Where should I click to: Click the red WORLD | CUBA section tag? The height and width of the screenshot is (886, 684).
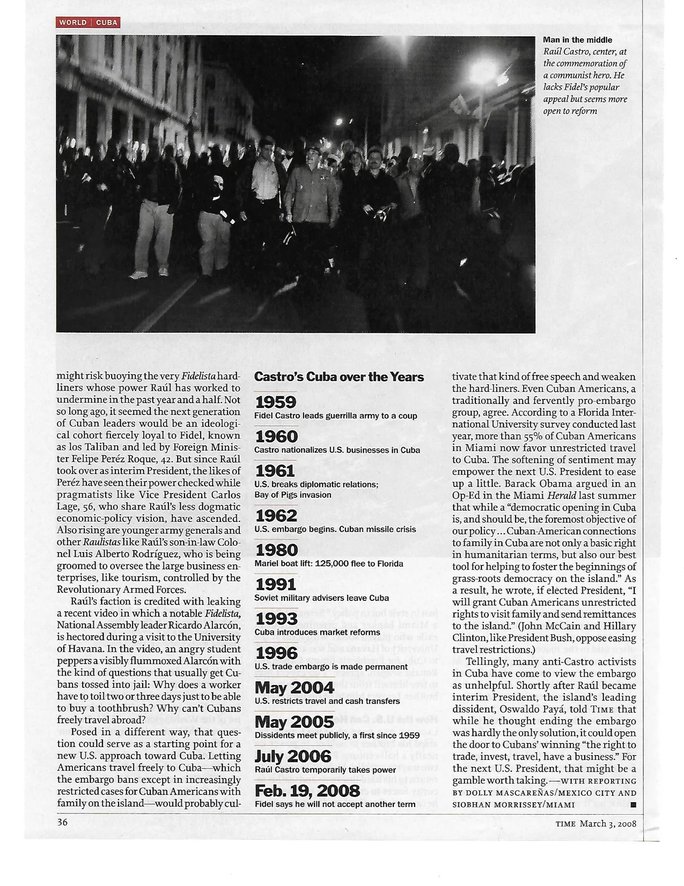point(87,22)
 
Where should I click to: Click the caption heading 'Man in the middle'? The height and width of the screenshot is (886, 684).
point(577,40)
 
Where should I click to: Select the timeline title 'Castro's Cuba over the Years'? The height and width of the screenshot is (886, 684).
point(339,377)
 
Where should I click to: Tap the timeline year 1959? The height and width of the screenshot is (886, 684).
point(276,402)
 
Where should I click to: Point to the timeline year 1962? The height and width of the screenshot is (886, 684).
point(276,515)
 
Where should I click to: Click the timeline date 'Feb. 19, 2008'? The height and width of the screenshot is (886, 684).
point(307,790)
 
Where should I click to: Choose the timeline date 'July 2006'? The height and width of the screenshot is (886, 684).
point(292,756)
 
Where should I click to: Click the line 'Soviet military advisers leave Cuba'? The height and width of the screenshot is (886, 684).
point(321,598)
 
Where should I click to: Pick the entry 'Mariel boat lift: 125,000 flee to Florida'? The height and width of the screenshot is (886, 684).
point(328,563)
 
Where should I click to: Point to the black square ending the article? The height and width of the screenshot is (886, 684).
point(633,804)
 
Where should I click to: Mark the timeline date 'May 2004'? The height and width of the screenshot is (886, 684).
point(294,687)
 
